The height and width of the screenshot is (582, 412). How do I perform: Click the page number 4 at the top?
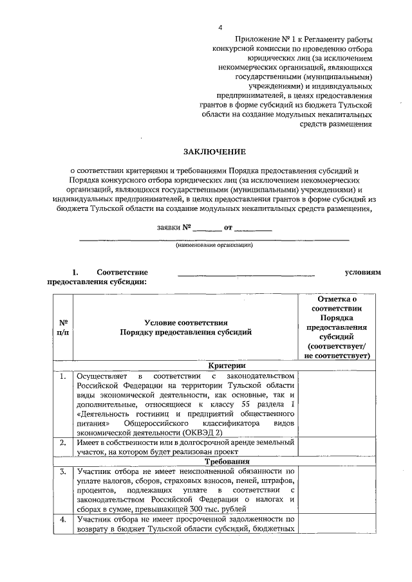pos(221,28)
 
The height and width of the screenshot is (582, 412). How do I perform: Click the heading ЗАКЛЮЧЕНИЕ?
pos(214,152)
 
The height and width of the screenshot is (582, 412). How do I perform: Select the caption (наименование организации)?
pos(214,245)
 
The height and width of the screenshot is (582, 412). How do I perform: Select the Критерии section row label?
pos(217,365)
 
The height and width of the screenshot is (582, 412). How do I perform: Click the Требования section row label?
pos(217,461)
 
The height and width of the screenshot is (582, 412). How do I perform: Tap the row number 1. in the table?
pos(63,376)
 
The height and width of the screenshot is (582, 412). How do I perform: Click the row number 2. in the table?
pos(63,442)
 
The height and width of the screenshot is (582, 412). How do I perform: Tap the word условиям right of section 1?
pos(363,272)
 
